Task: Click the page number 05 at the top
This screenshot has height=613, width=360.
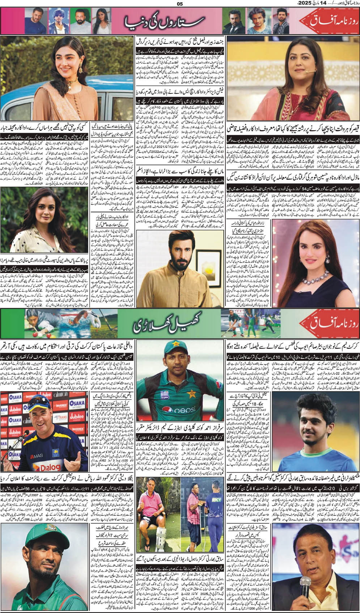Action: coord(180,4)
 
